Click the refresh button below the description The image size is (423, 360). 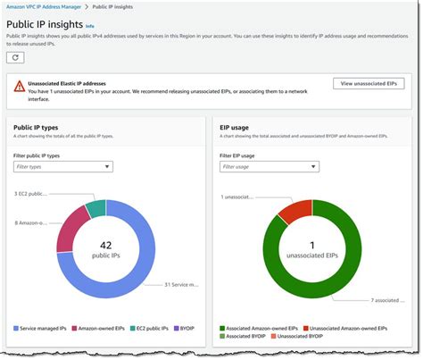[x=16, y=57]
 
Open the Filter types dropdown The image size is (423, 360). [x=62, y=166]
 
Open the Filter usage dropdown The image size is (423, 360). [x=269, y=166]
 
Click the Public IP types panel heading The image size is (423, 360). [x=37, y=128]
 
